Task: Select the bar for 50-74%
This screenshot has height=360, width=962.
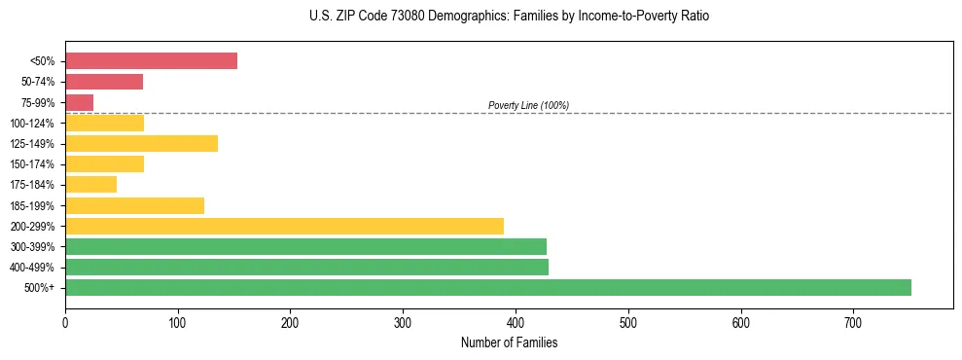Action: coord(104,82)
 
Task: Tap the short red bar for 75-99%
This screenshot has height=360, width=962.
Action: coord(79,102)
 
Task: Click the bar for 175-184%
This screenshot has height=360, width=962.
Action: coord(90,184)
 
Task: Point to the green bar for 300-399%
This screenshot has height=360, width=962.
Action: coord(305,246)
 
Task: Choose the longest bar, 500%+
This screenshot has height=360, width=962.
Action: coord(487,287)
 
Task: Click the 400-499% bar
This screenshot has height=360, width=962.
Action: coord(306,267)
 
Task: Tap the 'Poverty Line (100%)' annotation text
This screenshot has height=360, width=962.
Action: coord(528,105)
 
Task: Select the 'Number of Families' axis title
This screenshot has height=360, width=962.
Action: coord(509,342)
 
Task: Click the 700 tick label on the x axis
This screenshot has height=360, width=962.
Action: coord(853,322)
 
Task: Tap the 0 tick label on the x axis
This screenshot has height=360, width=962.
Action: coord(65,322)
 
